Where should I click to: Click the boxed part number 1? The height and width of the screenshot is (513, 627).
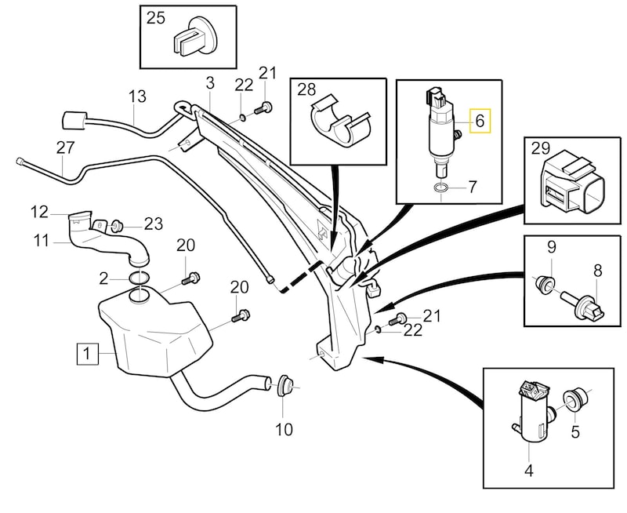[86, 355]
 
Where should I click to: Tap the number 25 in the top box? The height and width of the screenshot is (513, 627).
[156, 18]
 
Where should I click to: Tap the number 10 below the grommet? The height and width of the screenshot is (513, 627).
[284, 429]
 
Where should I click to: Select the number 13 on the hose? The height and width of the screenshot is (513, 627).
[137, 97]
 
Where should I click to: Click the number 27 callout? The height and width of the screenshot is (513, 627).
[65, 147]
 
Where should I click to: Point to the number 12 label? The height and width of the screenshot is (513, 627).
[40, 210]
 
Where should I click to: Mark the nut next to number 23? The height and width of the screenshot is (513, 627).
[114, 224]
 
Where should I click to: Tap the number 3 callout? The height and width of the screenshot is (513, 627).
[209, 82]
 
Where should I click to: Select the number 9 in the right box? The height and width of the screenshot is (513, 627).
[551, 246]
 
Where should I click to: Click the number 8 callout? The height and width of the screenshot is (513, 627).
[597, 271]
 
